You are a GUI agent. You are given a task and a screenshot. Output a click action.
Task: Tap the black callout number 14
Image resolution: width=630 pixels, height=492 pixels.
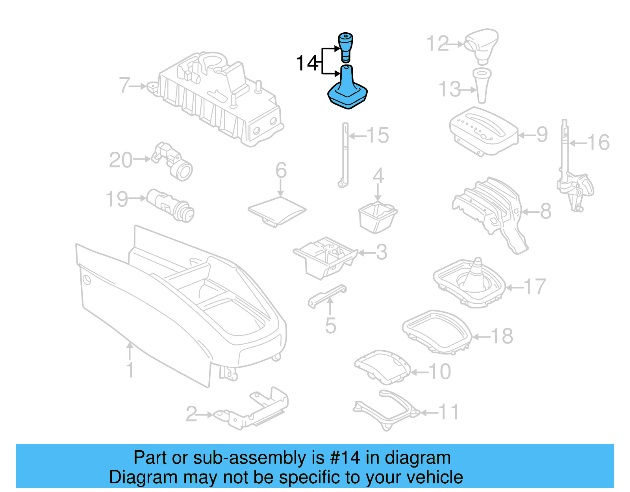307,63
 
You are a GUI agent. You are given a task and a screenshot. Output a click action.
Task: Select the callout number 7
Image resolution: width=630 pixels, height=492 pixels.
124,85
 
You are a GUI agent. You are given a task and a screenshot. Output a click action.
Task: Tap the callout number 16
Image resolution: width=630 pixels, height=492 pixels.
598,142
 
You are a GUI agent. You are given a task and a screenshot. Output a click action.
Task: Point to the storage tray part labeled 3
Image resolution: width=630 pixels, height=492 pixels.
325,257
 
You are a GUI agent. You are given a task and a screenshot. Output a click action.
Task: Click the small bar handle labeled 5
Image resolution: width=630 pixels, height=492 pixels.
327,295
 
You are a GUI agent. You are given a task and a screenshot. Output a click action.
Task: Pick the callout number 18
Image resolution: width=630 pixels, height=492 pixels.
502,336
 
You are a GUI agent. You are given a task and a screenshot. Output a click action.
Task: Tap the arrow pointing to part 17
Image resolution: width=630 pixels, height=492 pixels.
514,287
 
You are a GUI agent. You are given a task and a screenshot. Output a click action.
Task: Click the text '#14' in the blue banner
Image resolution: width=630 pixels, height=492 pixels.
345,458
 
